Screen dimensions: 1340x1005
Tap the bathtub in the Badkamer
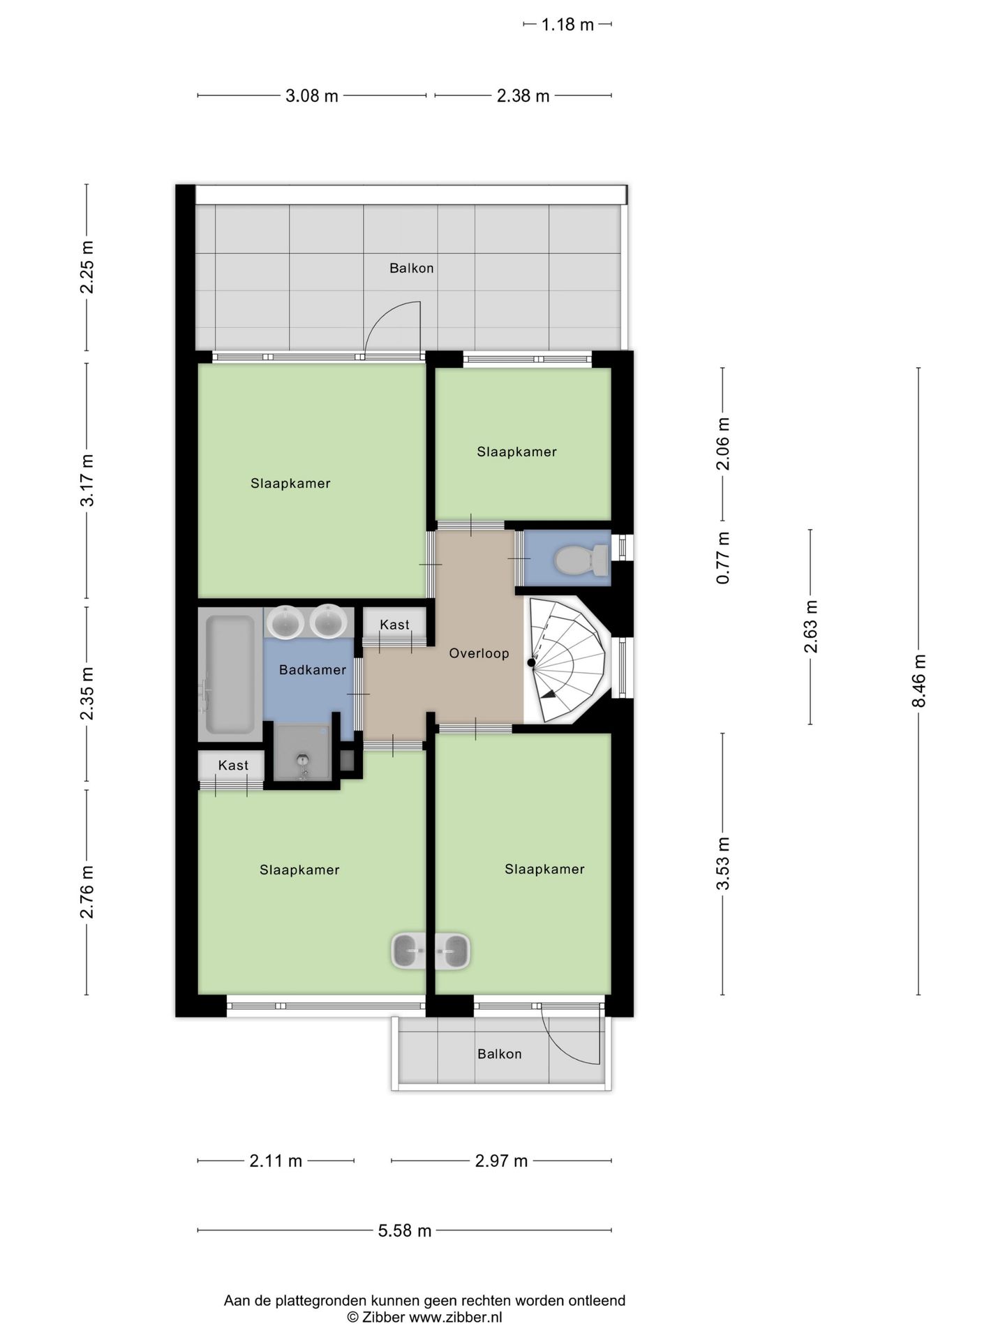pos(229,673)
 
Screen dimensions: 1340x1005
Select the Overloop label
pos(479,654)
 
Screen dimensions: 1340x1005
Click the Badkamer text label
pos(312,670)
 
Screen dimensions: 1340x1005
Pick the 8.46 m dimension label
pos(918,680)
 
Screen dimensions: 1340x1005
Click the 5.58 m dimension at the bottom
pos(405,1230)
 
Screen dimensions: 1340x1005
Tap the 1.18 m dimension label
pos(567,25)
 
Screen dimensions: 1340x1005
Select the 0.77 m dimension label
pos(723,558)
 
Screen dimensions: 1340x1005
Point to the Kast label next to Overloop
pos(394,625)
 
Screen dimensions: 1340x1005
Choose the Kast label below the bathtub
pos(233,766)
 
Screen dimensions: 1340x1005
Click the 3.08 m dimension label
pos(311,96)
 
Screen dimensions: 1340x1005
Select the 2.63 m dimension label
pos(811,626)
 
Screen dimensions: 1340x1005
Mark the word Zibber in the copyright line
pos(383,1318)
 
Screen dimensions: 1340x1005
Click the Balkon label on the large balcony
pos(411,268)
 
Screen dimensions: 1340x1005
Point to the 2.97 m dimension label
pos(501,1161)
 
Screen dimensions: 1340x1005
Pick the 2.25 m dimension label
pos(87,267)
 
